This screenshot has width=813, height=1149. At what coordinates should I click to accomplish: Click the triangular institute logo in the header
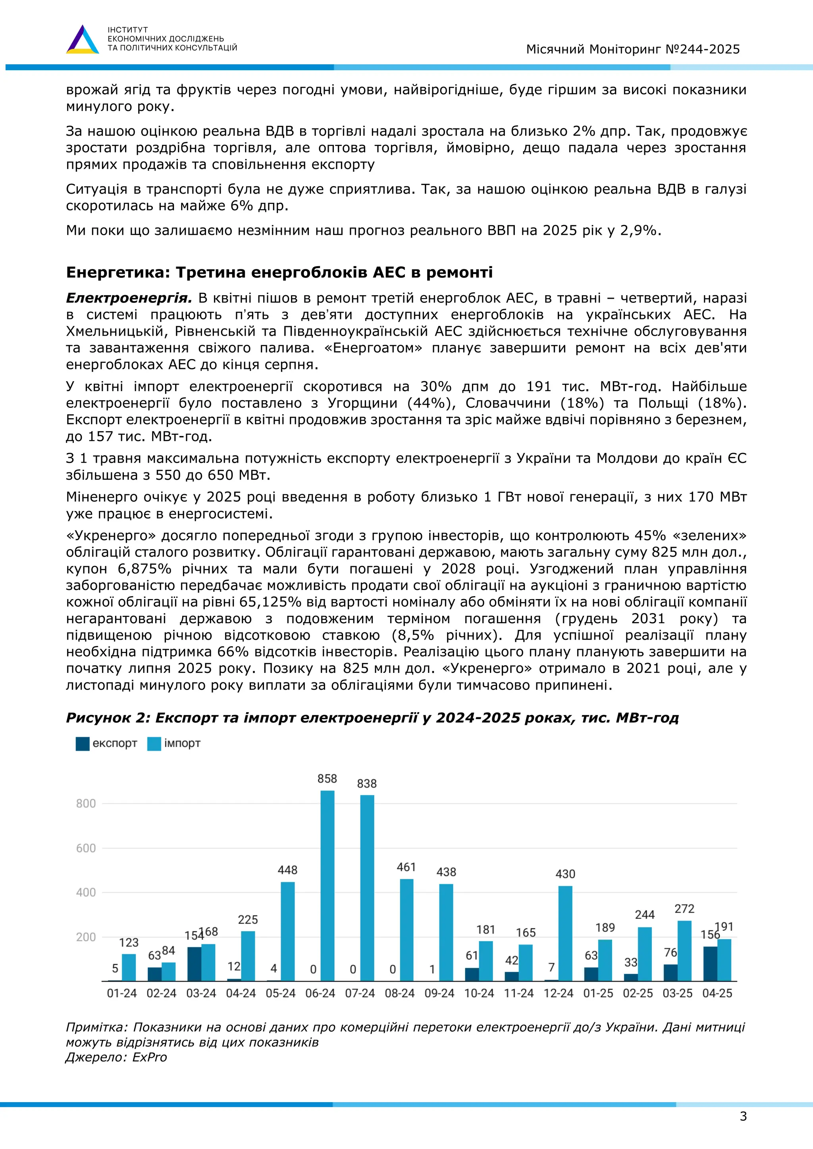tap(83, 40)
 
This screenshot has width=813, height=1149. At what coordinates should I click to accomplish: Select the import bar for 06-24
tap(328, 886)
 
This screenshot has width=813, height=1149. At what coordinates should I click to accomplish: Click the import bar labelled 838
tap(367, 888)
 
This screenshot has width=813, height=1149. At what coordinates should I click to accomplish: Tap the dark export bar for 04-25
tap(710, 963)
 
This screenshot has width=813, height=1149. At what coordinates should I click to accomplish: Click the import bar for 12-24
tap(565, 933)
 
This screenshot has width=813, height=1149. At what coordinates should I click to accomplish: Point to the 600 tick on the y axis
tap(86, 848)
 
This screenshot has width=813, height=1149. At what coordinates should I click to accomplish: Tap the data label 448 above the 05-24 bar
tap(287, 870)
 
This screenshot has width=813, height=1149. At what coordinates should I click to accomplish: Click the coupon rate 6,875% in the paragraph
tap(144, 569)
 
